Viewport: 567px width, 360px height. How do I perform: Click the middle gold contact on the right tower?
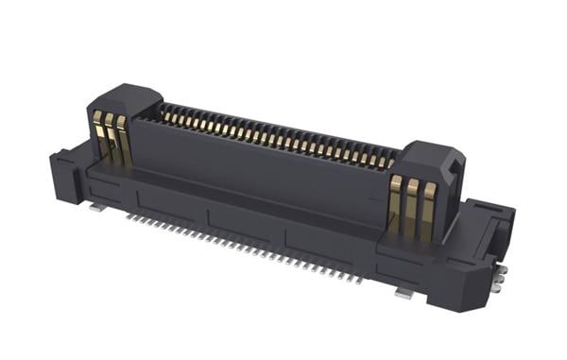coord(411,205)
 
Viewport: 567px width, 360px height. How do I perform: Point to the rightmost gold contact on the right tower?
coord(428,208)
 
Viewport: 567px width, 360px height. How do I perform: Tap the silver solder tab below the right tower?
coord(404,293)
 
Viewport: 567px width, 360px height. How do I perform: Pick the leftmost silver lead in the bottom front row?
coord(128,214)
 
